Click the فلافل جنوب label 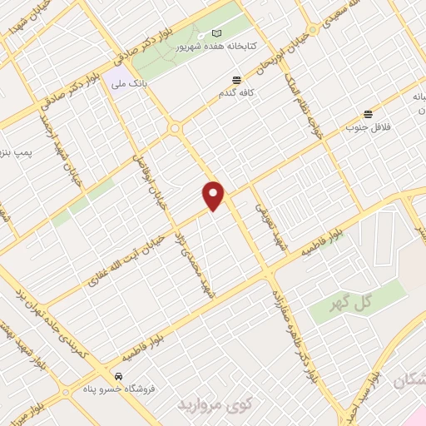click(368, 128)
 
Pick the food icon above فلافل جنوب click(368, 113)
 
